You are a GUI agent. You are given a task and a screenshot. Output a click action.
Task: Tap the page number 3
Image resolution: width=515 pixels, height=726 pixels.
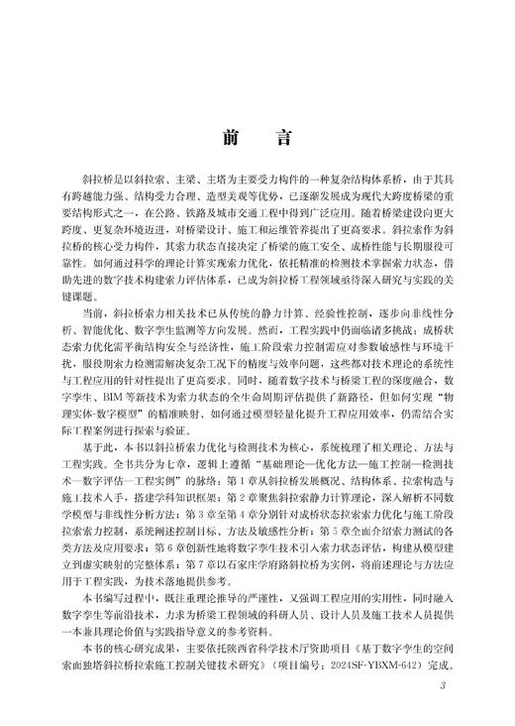[445, 684]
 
